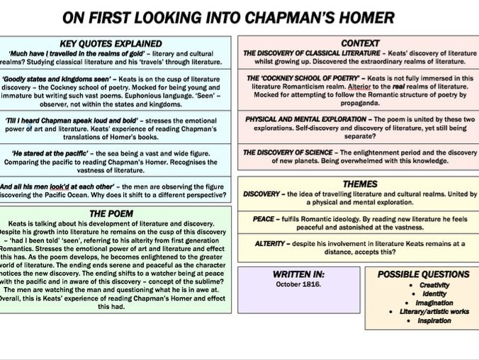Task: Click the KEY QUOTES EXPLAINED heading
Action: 116,44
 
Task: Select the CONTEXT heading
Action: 359,43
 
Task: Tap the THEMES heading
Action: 359,184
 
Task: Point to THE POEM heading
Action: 116,213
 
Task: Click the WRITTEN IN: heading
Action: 298,274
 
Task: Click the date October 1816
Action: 298,284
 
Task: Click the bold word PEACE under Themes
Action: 264,219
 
